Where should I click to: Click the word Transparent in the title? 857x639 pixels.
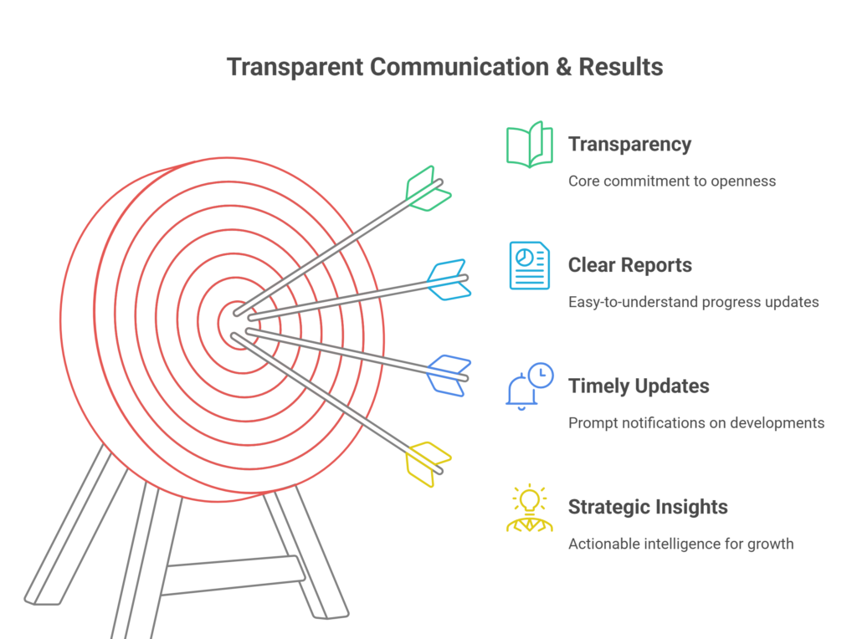(x=295, y=67)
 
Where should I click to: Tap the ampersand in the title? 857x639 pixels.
(x=563, y=67)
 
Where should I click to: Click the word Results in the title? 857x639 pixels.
(x=621, y=67)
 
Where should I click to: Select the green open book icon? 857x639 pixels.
(x=529, y=144)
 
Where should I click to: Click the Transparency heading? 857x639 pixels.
(x=629, y=144)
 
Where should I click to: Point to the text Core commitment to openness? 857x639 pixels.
(x=672, y=181)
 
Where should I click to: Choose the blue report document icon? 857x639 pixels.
(x=529, y=265)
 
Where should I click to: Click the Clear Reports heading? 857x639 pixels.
(x=629, y=265)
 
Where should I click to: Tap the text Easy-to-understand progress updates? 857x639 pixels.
(x=694, y=302)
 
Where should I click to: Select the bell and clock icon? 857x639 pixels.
(x=529, y=386)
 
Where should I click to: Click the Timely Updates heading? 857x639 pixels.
(x=639, y=386)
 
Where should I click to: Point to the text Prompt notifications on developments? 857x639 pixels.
(x=696, y=422)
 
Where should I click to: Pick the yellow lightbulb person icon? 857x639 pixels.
(x=529, y=508)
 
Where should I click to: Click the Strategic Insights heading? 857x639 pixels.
(x=648, y=507)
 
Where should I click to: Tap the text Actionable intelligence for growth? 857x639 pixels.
(x=681, y=544)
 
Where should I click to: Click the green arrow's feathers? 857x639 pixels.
(x=428, y=189)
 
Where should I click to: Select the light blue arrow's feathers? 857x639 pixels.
(x=449, y=279)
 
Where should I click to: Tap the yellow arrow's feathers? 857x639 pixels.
(x=428, y=464)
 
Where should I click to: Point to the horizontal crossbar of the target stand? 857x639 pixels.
(x=234, y=575)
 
